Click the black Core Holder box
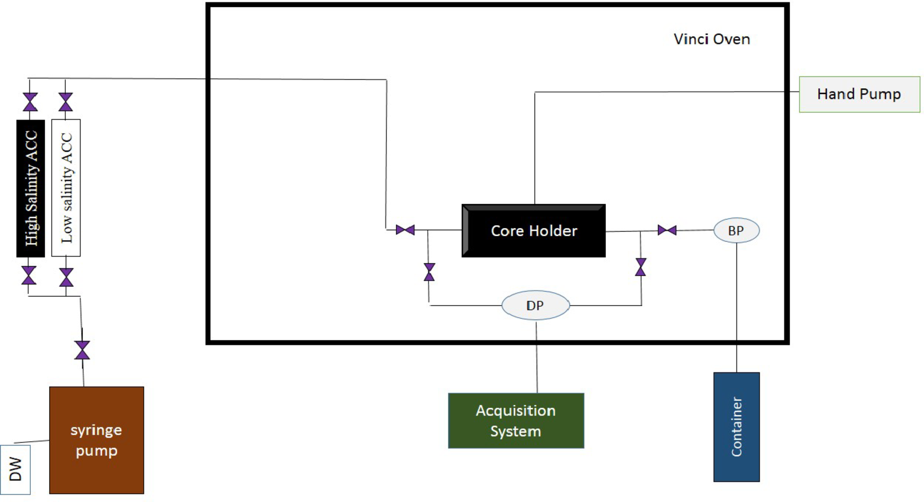tap(533, 231)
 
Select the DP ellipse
tap(536, 305)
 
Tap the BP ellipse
tap(736, 231)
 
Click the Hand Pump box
tap(859, 94)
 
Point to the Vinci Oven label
tap(712, 39)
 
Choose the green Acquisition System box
tap(516, 420)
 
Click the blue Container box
tap(736, 426)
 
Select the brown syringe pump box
tap(96, 440)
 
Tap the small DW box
tap(15, 469)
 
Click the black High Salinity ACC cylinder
tap(31, 188)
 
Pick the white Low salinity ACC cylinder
tap(66, 188)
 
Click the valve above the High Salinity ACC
tap(30, 102)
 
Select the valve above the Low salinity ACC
tap(66, 102)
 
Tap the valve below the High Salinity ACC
tap(29, 276)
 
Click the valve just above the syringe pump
tap(82, 350)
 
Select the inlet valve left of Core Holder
tap(405, 230)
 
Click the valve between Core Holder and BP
tap(667, 230)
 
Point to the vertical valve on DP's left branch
tap(430, 272)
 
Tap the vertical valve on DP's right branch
tap(640, 267)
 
